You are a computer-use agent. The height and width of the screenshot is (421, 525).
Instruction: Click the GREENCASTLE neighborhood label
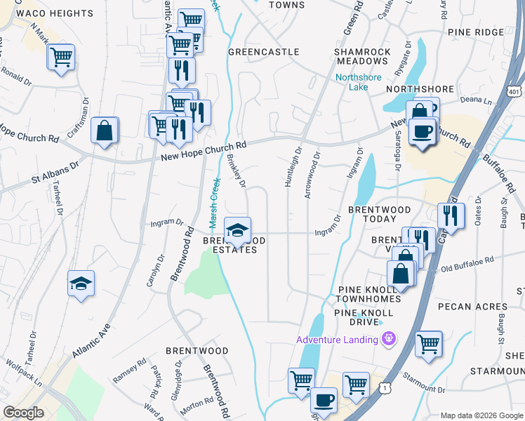[264, 52]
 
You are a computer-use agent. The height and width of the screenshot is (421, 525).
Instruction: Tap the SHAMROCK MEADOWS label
[362, 57]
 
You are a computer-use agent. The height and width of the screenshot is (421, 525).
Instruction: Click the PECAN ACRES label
[472, 307]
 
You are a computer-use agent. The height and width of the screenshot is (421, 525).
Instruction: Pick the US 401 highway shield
[514, 91]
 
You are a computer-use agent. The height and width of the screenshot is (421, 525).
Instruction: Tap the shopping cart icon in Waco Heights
[61, 55]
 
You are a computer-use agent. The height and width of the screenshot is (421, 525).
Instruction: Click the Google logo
[24, 413]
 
